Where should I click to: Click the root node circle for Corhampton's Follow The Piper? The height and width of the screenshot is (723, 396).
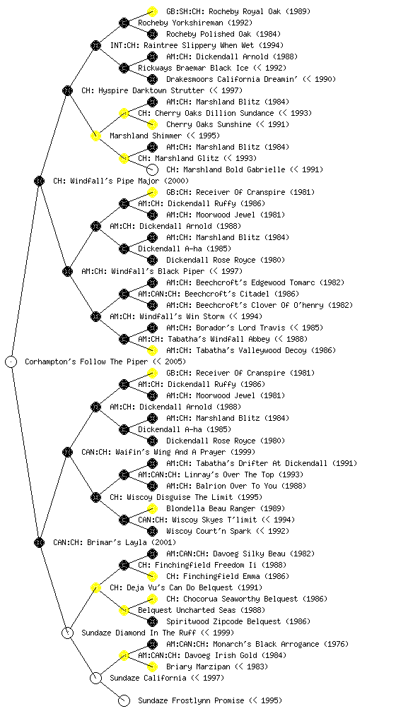point(11,361)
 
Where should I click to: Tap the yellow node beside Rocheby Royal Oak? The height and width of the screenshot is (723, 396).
point(152,11)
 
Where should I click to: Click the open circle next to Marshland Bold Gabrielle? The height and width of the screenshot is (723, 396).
point(152,169)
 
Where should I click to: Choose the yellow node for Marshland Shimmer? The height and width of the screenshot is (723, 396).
point(95,136)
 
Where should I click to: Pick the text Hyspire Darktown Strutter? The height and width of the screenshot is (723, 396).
point(149,90)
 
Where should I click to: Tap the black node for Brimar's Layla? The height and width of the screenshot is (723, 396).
point(39,542)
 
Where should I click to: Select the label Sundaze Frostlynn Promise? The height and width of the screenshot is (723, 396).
point(191,700)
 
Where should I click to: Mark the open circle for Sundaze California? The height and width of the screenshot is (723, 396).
point(95,678)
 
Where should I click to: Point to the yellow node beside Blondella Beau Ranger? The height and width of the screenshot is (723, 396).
point(152,508)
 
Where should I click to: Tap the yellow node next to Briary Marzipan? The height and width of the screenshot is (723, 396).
point(152,667)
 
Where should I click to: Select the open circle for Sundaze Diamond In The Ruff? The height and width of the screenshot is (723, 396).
point(67,633)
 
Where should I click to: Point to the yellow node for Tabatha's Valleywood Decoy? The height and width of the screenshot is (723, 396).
point(152,350)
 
